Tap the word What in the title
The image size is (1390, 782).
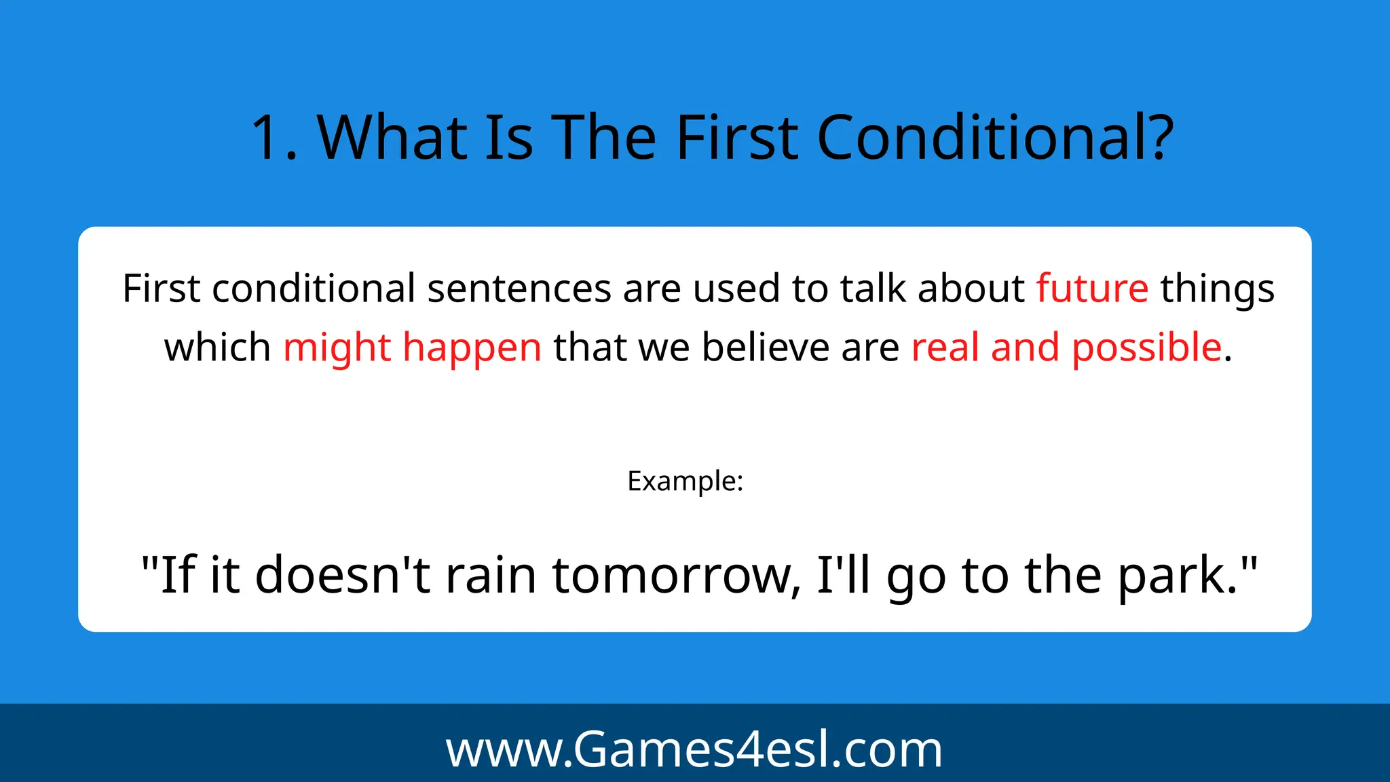coord(392,138)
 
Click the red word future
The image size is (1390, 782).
coord(1092,288)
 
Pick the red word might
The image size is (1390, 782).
coord(337,348)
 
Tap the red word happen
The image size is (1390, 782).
coord(472,348)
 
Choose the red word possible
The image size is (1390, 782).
coord(1146,348)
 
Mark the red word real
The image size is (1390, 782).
coord(945,347)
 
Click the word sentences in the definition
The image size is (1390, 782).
coord(519,288)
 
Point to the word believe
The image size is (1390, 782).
coord(765,347)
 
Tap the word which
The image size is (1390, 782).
coord(217,347)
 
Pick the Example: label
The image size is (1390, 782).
coord(685,481)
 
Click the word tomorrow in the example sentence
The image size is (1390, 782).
coord(672,575)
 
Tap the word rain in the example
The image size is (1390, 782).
coord(491,575)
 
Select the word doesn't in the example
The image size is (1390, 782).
coord(342,575)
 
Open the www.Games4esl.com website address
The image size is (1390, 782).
coord(694,749)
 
